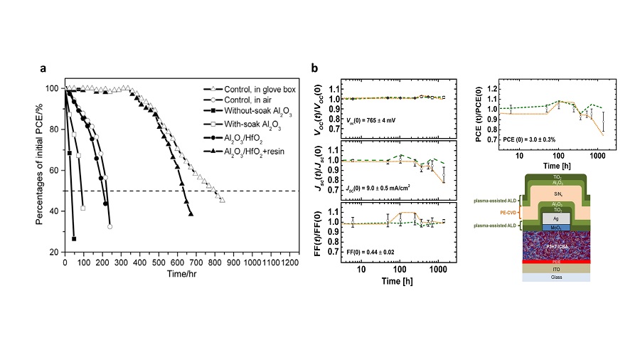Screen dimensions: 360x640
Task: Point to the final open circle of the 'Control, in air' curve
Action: pos(110,227)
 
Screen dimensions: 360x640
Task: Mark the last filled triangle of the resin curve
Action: pos(191,214)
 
